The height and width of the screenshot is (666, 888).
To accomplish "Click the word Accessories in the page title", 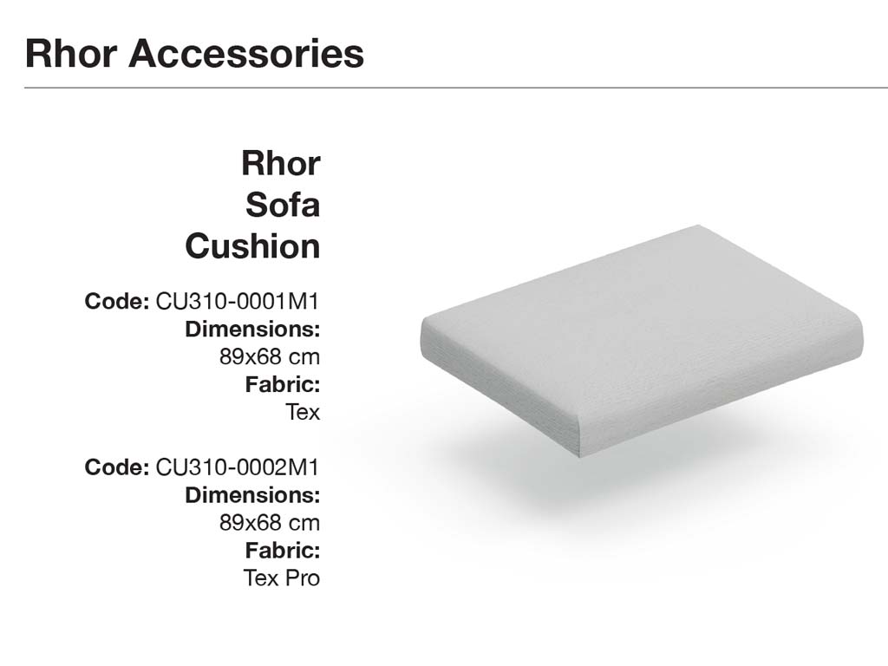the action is pyautogui.click(x=246, y=54).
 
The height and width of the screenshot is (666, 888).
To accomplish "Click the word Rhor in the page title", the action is pyautogui.click(x=71, y=54).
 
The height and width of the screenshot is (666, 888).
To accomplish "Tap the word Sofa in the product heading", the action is pyautogui.click(x=283, y=205).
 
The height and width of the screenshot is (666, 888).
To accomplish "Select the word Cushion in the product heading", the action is pyautogui.click(x=252, y=246).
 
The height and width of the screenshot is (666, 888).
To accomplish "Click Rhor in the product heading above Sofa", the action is pyautogui.click(x=281, y=163).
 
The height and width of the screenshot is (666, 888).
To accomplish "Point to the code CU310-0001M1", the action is pyautogui.click(x=238, y=301).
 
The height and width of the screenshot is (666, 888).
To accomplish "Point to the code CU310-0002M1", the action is pyautogui.click(x=238, y=467).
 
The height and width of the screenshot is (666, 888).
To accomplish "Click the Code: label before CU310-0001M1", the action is pyautogui.click(x=117, y=301).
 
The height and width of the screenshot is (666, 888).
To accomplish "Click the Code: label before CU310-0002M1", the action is pyautogui.click(x=117, y=467).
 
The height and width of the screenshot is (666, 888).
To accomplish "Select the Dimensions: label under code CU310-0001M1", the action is pyautogui.click(x=252, y=329).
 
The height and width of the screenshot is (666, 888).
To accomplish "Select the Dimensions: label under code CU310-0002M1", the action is pyautogui.click(x=252, y=495).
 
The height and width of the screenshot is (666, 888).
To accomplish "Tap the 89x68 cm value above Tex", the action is pyautogui.click(x=270, y=356).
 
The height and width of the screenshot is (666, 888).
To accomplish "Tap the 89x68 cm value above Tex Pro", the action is pyautogui.click(x=270, y=523).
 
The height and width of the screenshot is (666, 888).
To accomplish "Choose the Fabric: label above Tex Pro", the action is pyautogui.click(x=283, y=551).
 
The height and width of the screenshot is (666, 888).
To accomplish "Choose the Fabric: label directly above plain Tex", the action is pyautogui.click(x=283, y=384).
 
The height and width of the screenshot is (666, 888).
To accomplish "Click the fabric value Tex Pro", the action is pyautogui.click(x=282, y=578).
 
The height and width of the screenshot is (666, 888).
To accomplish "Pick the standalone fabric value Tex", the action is pyautogui.click(x=303, y=412).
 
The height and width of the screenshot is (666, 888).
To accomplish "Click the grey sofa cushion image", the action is pyautogui.click(x=642, y=341).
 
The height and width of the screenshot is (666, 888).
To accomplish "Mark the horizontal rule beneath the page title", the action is pyautogui.click(x=456, y=88).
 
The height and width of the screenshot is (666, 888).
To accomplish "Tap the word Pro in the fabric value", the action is pyautogui.click(x=303, y=578).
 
